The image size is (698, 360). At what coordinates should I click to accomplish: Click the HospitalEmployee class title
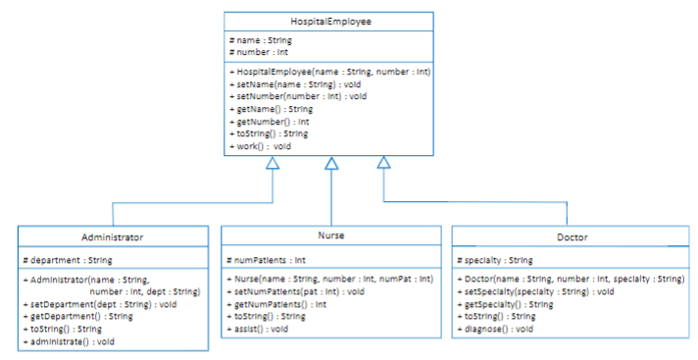point(330,21)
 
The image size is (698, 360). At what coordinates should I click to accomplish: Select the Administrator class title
point(113,237)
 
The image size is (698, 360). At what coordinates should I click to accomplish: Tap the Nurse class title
point(330,236)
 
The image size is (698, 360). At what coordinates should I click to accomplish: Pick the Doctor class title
point(572,238)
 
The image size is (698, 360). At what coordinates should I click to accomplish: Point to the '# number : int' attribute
point(258,52)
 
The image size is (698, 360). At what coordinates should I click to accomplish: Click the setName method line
point(283,84)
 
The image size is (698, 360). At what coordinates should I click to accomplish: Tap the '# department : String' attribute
point(67,260)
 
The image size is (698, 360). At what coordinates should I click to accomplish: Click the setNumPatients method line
point(295,291)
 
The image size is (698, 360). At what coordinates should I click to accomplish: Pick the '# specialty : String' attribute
point(495,260)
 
